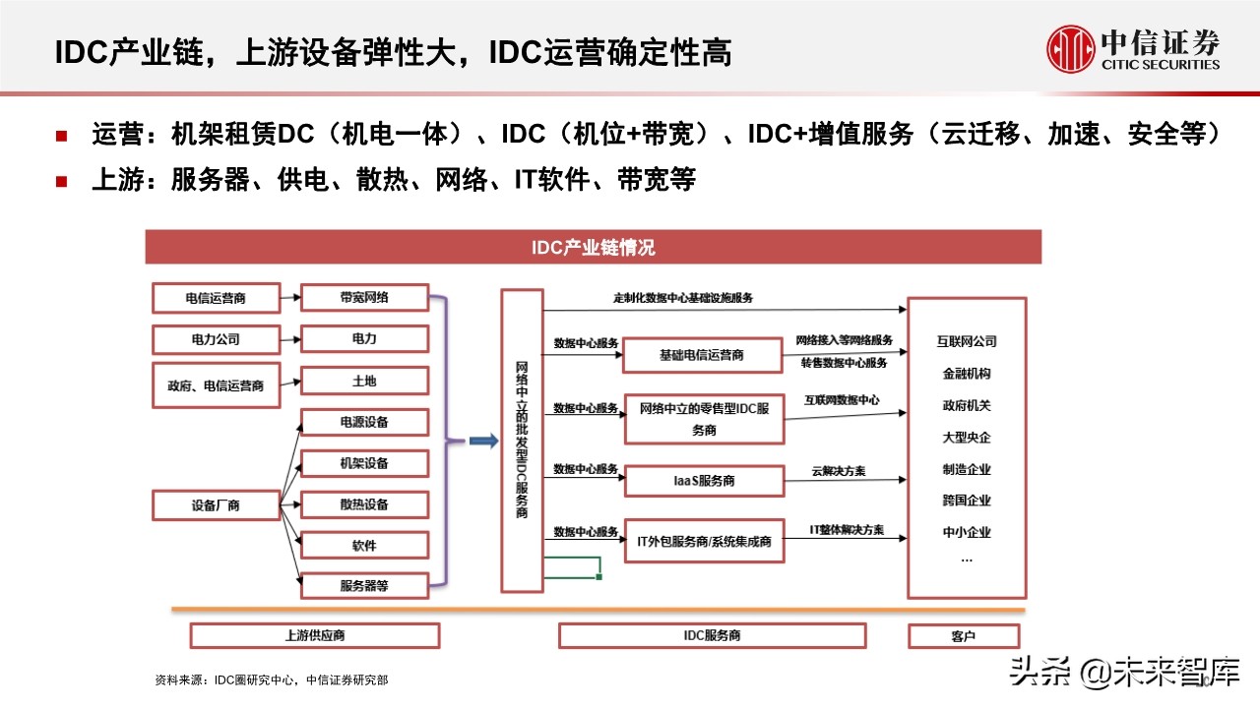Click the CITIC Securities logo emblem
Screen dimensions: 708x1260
coord(1070,49)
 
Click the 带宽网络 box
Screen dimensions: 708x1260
coord(364,297)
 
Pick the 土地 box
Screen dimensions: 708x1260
coord(364,381)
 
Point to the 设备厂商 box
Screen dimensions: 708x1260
coord(216,506)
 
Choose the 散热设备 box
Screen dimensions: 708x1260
coord(364,504)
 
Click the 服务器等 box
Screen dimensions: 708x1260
coord(364,585)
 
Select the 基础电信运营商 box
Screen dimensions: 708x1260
coord(703,355)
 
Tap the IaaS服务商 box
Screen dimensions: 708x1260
coord(703,481)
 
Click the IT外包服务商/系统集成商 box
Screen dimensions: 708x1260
coord(703,542)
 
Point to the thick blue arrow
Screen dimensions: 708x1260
coord(482,442)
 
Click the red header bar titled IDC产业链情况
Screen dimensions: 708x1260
coord(593,247)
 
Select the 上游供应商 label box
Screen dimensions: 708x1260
coord(314,636)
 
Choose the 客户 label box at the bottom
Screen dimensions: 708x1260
coord(964,636)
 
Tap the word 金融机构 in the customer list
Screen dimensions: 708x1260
coord(966,374)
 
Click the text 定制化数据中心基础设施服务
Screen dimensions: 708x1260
coord(682,298)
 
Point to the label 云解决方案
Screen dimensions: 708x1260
coord(838,471)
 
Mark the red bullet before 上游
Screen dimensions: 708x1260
coord(61,181)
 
